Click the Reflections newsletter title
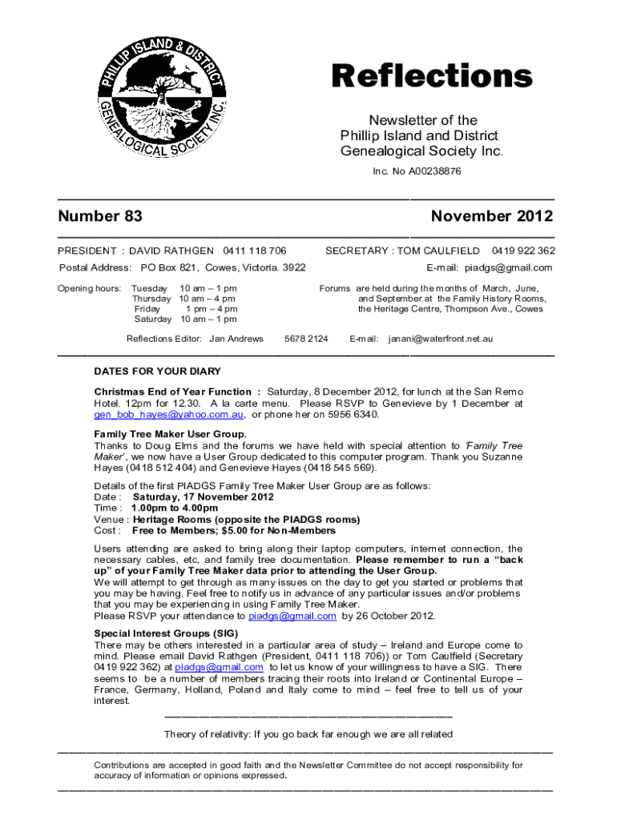tap(432, 77)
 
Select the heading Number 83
tap(100, 216)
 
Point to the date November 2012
tap(491, 216)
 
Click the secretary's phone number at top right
tap(523, 251)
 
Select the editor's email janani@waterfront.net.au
tap(441, 339)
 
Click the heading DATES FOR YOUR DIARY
tap(157, 372)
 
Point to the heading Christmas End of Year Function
tap(177, 392)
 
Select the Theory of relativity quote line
tap(308, 734)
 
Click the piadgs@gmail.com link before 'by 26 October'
tap(292, 616)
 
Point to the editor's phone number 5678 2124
tap(306, 339)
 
